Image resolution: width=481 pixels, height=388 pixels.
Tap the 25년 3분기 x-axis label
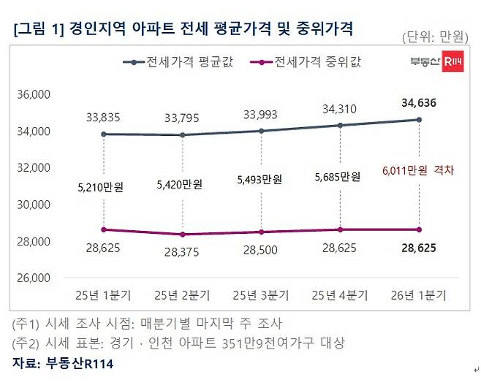point(260,294)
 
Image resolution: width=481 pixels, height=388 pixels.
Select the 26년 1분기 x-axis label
point(419,294)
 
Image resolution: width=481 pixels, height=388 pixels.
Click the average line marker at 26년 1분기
point(419,120)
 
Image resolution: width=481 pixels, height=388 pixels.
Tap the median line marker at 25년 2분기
point(181,235)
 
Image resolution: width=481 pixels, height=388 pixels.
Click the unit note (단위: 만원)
point(436,37)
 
